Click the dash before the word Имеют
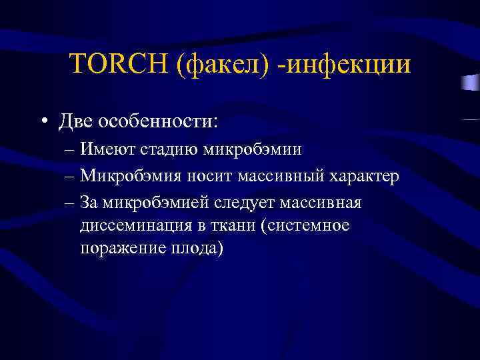[x=70, y=149]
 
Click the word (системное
[x=307, y=226]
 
